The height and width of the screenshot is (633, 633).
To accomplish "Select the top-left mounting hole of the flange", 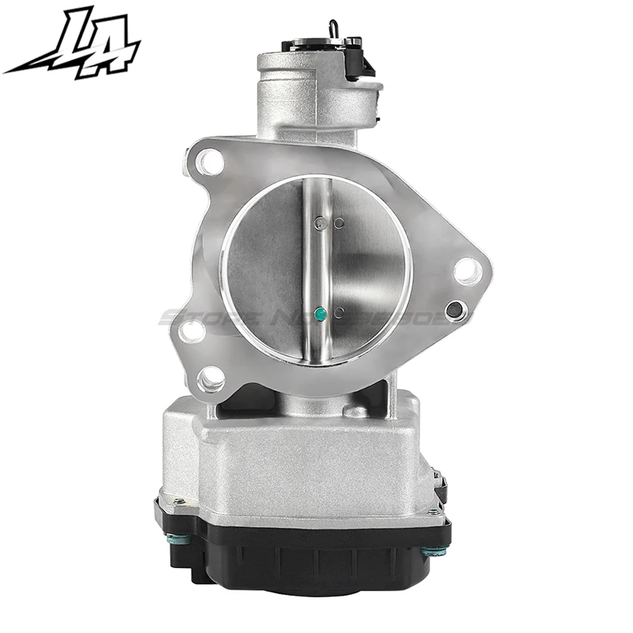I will pos(210,164).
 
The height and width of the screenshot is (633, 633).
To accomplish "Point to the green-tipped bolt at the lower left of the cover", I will pos(176,540).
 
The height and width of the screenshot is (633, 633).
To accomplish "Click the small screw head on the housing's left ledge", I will pos(180,500).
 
